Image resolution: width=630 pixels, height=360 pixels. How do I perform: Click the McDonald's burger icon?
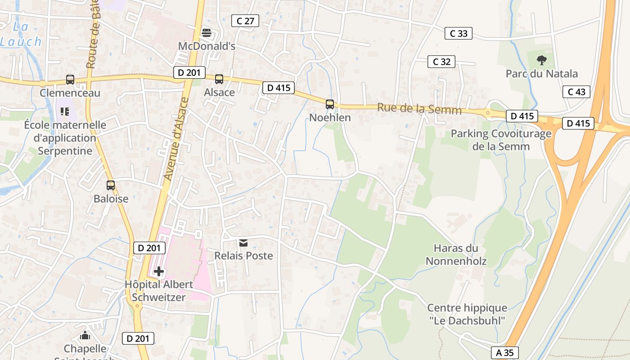[x=207, y=32]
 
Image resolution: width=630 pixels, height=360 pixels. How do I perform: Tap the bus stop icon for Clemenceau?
[x=70, y=80]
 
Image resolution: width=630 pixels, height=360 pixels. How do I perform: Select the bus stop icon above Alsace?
[x=219, y=79]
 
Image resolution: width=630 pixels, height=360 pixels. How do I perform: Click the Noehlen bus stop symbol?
[x=330, y=104]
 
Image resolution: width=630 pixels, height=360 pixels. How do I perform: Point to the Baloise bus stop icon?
[x=111, y=185]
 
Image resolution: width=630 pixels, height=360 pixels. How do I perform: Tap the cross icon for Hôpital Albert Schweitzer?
[x=158, y=271]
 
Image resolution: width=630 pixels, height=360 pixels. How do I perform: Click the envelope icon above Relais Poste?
[x=243, y=243]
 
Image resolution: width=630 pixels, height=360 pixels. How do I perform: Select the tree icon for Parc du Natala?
[x=542, y=60]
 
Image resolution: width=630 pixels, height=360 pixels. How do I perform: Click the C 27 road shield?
[x=245, y=21]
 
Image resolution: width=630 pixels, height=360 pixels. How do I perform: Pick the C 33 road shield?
[x=459, y=33]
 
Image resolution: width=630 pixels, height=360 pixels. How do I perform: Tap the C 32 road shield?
[x=441, y=62]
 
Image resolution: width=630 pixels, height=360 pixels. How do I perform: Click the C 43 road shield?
[x=576, y=92]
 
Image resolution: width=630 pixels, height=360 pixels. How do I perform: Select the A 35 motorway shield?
[x=505, y=353]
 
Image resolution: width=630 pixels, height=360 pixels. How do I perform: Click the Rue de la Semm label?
[x=419, y=109]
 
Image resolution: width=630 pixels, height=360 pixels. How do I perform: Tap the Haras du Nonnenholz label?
[x=456, y=254]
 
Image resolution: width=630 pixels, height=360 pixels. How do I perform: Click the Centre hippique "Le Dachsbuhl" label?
[x=467, y=314]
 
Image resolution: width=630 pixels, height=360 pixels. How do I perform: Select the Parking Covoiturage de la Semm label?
[x=501, y=140]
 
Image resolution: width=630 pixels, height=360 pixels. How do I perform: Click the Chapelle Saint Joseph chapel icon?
[x=85, y=335]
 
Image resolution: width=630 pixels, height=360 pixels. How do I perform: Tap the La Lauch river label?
[x=21, y=34]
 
